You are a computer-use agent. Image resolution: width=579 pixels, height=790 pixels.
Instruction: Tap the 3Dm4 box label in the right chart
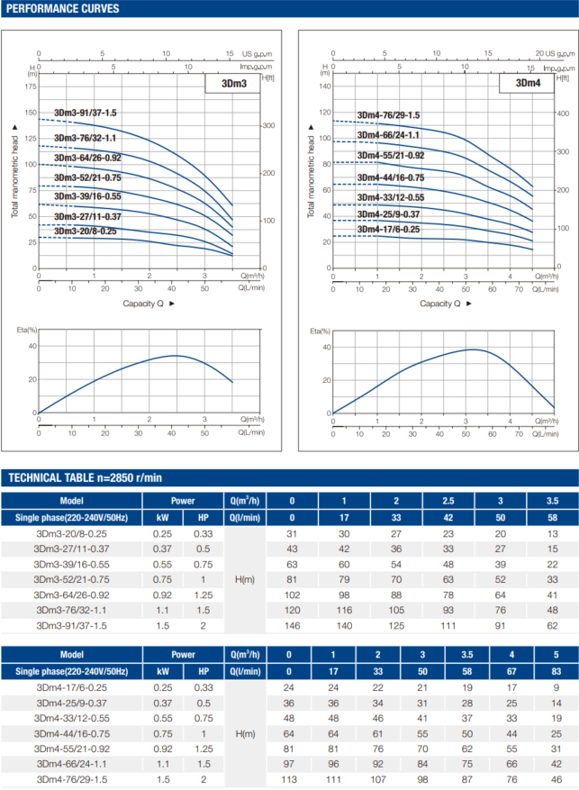tap(528, 84)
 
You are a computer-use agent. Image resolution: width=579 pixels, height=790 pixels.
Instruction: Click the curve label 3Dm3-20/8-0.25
tap(85, 232)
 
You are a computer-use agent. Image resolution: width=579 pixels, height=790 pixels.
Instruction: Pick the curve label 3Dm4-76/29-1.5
tap(388, 115)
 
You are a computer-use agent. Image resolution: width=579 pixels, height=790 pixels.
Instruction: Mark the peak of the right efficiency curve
tap(472, 350)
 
